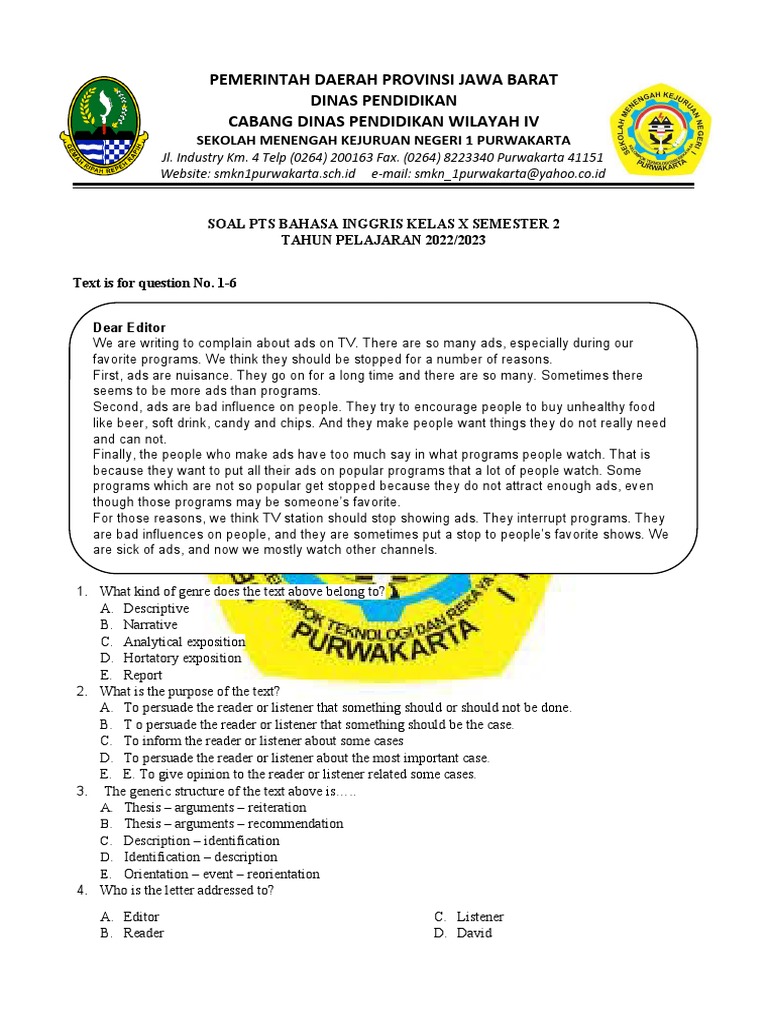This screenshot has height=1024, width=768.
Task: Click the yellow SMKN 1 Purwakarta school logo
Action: [661, 128]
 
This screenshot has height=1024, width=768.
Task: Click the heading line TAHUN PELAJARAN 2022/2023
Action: [383, 241]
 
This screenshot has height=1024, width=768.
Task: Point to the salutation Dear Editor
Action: [129, 328]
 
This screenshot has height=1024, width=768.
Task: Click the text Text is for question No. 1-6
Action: [154, 284]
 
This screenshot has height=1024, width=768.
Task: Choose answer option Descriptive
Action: [156, 608]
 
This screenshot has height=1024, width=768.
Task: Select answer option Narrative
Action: [150, 625]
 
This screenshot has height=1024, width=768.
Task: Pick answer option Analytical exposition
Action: [184, 642]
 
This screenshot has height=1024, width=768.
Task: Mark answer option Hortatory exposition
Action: [182, 658]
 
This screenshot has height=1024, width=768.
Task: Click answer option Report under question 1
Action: [143, 675]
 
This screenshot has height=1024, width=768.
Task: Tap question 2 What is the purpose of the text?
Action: [190, 691]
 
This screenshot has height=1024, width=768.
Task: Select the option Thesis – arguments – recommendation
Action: [233, 824]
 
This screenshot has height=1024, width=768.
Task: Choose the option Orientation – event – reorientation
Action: [221, 873]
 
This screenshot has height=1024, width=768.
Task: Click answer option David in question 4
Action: [474, 933]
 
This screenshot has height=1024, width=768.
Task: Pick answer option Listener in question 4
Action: [480, 916]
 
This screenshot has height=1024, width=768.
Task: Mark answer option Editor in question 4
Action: [141, 916]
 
